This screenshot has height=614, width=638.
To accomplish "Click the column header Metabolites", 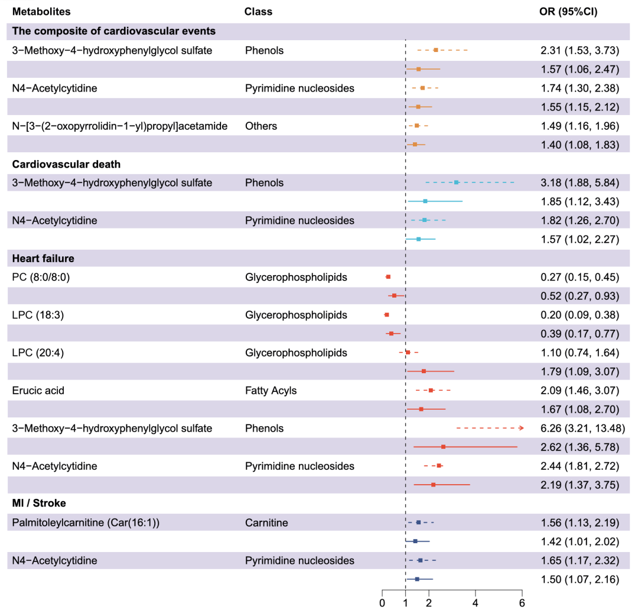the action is click(41, 11).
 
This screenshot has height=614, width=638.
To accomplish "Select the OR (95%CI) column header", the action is click(568, 11).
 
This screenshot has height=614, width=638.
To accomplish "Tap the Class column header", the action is click(258, 11).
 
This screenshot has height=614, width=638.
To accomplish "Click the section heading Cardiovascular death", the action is click(66, 164).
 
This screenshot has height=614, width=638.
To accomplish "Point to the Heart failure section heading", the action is click(43, 258).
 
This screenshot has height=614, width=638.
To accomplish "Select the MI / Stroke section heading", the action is click(39, 503).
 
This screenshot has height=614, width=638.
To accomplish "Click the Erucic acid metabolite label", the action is click(38, 390).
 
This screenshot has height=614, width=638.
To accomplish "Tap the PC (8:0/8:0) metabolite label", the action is click(41, 277).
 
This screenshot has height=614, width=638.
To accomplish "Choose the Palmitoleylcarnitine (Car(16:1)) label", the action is click(86, 522).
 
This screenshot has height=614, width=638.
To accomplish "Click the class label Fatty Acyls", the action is click(271, 390).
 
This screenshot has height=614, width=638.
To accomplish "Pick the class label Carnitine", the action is click(266, 522).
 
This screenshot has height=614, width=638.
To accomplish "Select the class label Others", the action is click(261, 126).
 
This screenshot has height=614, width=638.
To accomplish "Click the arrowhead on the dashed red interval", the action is click(521, 428).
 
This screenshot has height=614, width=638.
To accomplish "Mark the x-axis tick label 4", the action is click(475, 603).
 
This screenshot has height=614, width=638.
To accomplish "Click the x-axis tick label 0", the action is click(382, 603).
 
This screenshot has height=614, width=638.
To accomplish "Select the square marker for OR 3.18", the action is click(457, 182).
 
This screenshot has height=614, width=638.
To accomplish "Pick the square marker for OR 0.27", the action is click(388, 277).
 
